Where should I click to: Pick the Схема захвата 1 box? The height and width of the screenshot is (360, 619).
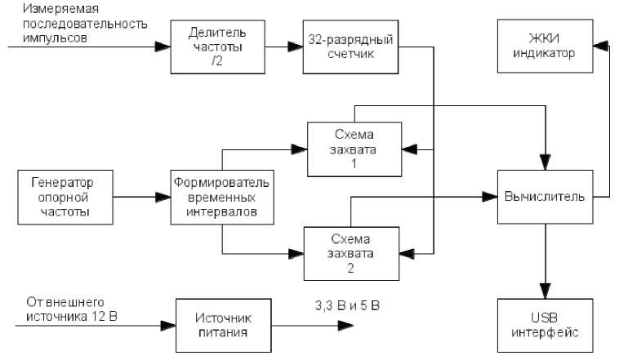point(354,149)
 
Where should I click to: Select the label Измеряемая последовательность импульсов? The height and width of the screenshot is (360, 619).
point(78,24)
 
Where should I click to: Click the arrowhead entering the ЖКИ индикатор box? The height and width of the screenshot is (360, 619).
point(603,46)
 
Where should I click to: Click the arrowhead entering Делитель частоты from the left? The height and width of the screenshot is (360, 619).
point(163,46)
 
